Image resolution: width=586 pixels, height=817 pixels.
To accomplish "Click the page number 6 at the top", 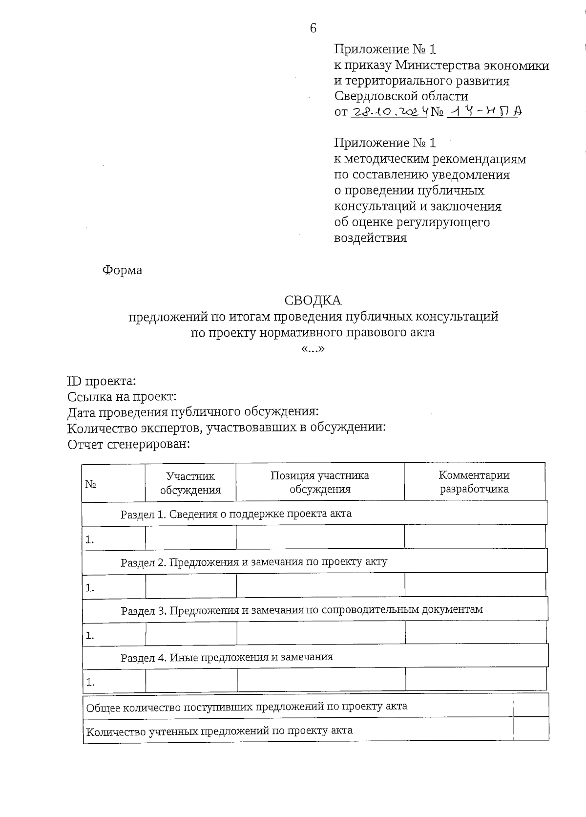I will (313, 28).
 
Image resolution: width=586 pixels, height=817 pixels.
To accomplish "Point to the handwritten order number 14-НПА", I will (484, 112).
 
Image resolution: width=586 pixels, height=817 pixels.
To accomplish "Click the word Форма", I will (122, 270).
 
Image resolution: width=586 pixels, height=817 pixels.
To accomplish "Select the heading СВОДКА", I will (313, 300).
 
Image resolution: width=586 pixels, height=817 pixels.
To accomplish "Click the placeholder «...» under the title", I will (313, 349).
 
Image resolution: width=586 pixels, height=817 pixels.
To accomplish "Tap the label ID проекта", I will (102, 381).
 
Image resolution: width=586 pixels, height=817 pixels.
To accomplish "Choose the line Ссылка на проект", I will (122, 397).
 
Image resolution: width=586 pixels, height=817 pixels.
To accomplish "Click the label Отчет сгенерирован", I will (128, 444).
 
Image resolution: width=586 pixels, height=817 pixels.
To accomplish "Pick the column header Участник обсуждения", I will (190, 483).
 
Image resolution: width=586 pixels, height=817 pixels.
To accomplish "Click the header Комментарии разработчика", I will (474, 482).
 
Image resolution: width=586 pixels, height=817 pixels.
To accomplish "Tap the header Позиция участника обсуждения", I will (320, 482).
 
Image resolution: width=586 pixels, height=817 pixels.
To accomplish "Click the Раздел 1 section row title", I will (236, 514).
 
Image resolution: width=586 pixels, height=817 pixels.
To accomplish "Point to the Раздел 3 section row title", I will (302, 610).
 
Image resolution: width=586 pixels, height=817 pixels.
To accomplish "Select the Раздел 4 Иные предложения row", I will (227, 657).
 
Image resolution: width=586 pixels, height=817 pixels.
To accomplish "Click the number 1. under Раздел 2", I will (90, 588).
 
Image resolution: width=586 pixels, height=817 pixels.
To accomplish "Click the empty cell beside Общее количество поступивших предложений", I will (530, 706).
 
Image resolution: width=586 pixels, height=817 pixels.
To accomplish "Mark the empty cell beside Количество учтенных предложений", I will (530, 730).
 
